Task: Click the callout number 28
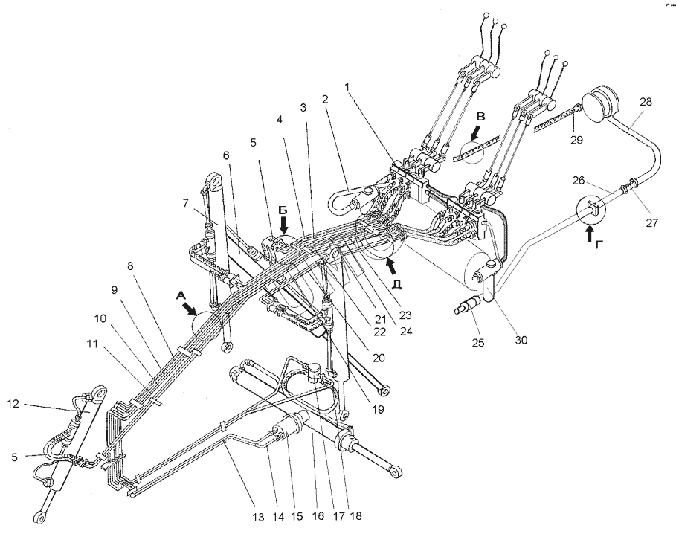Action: pos(646,102)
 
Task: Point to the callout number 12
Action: pos(13,404)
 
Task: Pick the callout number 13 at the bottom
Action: pos(258,517)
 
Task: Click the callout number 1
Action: pos(348,86)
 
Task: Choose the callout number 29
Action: pos(576,140)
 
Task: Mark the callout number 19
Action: pos(378,409)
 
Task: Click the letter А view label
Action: pos(182,295)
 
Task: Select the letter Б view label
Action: pos(283,210)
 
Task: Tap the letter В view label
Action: pos(480,117)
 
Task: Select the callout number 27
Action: pos(652,222)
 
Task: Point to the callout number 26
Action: pos(579,180)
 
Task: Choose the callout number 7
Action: pos(185,202)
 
